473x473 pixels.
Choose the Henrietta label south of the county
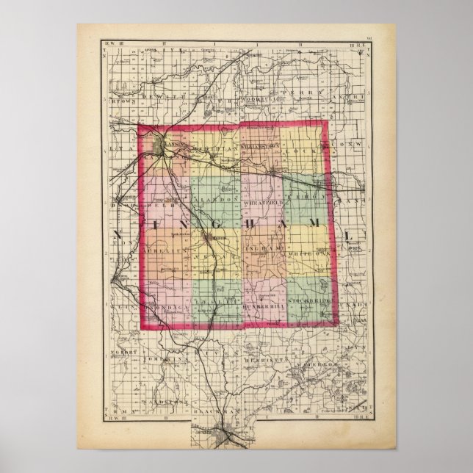pyautogui.click(x=273, y=353)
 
